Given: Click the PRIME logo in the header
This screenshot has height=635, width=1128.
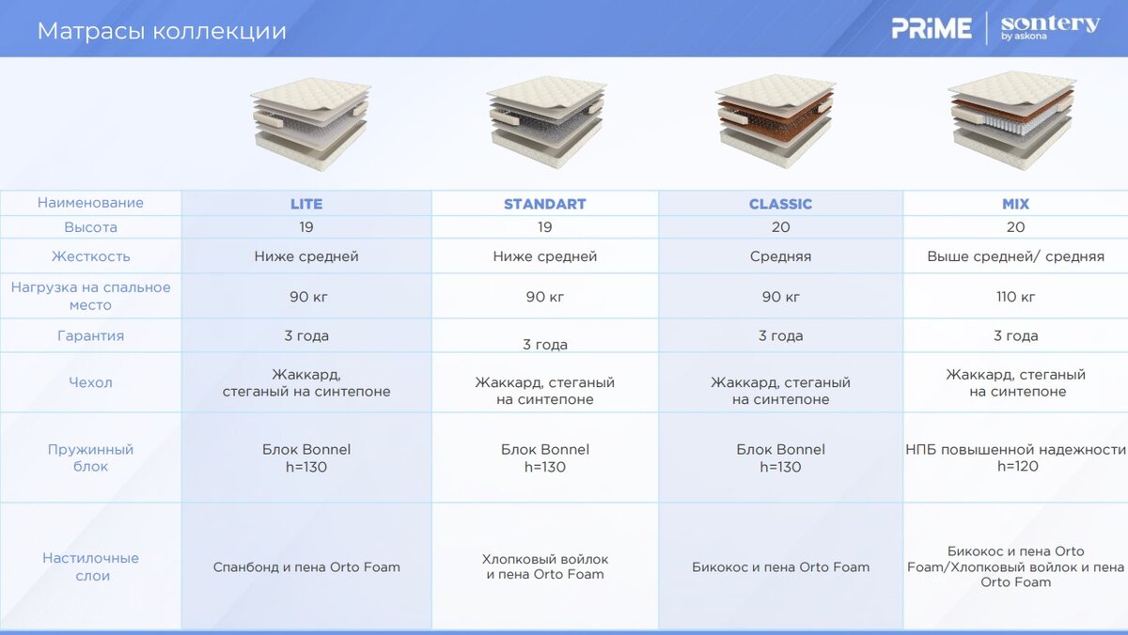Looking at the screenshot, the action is (932, 28).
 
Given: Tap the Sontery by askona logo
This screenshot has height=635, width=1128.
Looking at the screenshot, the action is (1050, 27).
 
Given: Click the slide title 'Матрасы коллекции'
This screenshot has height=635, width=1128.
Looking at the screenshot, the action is (162, 31).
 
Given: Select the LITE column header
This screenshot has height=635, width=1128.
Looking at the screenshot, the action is (306, 204).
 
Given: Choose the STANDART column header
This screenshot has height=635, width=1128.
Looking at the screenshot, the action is (545, 204).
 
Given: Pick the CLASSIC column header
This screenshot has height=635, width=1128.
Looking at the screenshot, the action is (780, 204).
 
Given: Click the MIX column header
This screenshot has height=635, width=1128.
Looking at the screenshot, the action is (1016, 204).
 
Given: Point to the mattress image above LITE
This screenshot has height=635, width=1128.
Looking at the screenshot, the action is (310, 124).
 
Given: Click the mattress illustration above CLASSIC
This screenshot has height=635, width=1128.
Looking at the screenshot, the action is (775, 121).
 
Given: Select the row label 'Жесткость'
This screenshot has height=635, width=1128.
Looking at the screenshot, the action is (90, 256).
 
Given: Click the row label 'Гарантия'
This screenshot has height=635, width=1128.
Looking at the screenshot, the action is (90, 335).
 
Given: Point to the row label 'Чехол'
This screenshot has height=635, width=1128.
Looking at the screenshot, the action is (90, 382).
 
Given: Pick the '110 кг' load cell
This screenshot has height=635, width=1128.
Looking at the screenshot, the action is (1016, 297).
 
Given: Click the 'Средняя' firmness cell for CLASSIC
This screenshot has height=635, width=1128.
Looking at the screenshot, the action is (780, 256).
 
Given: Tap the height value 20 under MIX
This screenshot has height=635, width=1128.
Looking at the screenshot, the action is (1016, 227).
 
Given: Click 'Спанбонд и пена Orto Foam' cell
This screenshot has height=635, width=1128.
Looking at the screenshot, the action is (306, 567).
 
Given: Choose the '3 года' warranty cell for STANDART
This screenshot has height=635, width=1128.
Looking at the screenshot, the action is (545, 345).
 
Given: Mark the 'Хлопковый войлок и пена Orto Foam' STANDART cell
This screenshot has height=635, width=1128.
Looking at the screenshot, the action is (545, 566).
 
